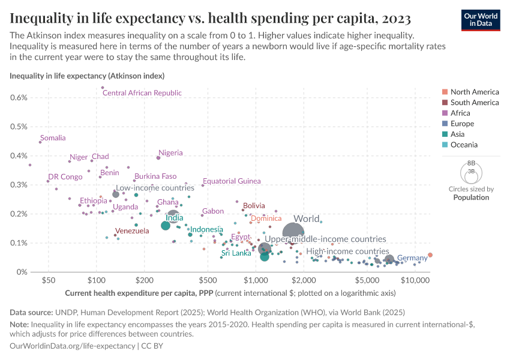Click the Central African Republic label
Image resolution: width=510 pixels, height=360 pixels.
click(x=142, y=93)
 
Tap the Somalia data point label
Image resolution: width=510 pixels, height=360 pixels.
click(x=53, y=138)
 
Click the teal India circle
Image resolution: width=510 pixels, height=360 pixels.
click(x=166, y=226)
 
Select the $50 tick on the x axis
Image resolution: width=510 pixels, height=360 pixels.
click(x=49, y=280)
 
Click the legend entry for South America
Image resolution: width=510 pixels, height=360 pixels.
click(x=474, y=103)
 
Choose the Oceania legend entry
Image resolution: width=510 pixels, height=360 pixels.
click(x=464, y=145)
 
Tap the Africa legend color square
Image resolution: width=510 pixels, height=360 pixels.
click(x=445, y=113)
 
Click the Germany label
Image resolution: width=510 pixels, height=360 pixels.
click(x=412, y=258)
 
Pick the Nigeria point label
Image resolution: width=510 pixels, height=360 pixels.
click(x=170, y=153)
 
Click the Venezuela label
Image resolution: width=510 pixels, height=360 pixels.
click(x=132, y=231)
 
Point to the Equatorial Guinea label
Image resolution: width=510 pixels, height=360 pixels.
click(x=232, y=181)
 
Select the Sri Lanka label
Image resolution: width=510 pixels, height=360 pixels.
click(x=236, y=254)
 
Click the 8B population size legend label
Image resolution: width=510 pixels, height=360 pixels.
click(x=471, y=163)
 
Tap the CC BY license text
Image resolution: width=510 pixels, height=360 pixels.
click(x=152, y=346)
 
